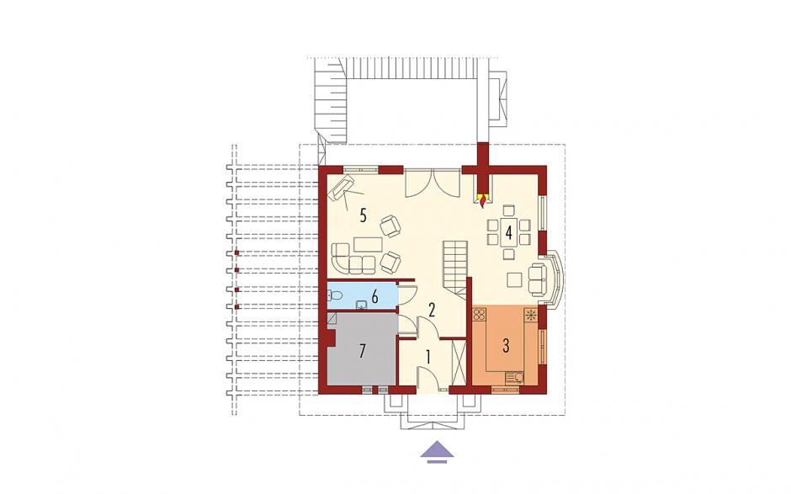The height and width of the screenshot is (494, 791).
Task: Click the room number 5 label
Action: coord(362,215)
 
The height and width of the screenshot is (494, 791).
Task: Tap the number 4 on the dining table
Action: coord(508,233)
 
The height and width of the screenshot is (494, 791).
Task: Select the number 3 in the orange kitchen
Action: coord(506,346)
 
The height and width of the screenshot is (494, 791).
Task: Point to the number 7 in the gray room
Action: coord(361,351)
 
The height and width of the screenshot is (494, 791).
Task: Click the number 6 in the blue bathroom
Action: coord(374,297)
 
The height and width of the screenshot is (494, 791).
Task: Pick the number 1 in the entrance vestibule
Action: coord(428,358)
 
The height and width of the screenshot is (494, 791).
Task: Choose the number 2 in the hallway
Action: coord(432,310)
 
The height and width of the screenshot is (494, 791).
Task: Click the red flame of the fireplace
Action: coord(484,200)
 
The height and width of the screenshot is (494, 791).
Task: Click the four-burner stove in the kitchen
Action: coord(480,316)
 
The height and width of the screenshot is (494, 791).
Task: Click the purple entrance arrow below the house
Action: coord(437,452)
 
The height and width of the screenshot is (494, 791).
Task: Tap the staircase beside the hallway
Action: coord(455,269)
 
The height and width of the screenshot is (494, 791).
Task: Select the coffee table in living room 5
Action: coord(369,244)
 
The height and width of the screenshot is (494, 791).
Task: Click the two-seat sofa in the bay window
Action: coord(538,279)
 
